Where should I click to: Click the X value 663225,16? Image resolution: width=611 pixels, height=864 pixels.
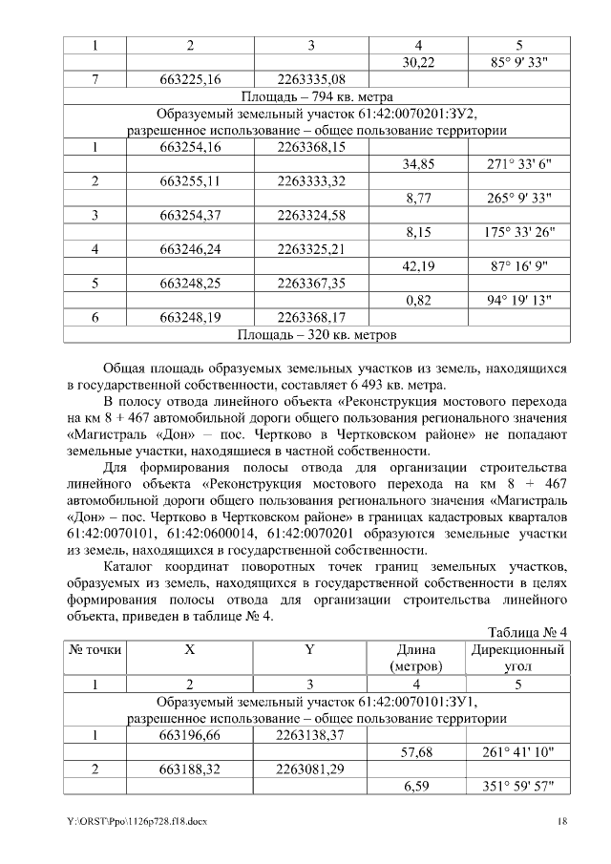[191, 79]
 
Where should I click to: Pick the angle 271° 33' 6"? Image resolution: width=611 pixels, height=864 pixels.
[519, 164]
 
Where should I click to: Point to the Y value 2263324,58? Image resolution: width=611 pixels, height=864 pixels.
[310, 216]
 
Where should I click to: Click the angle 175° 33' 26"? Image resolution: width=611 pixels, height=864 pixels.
[519, 233]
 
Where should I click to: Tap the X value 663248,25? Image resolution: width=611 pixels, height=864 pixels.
[191, 284]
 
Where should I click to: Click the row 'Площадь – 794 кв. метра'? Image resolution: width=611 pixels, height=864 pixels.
[316, 96]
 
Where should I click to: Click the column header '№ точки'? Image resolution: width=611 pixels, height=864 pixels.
[95, 649]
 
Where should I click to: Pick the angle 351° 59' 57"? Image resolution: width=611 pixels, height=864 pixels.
[519, 786]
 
